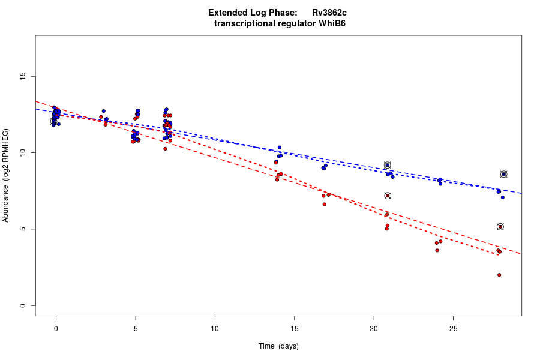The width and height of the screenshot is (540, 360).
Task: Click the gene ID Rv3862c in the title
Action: click(x=329, y=13)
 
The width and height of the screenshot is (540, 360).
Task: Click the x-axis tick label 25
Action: click(x=453, y=328)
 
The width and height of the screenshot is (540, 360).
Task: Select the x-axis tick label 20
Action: click(x=374, y=328)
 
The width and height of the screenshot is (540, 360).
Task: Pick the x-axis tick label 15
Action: click(x=294, y=328)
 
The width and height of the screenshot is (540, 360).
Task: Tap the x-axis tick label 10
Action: click(x=215, y=328)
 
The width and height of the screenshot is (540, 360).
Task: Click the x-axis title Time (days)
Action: click(x=278, y=346)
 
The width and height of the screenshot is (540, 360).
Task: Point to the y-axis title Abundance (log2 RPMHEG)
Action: click(x=6, y=175)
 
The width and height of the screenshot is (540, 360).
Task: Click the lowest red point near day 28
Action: click(x=499, y=275)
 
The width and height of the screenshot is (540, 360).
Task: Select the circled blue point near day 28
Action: click(x=504, y=174)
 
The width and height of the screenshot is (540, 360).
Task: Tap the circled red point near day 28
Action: click(x=500, y=227)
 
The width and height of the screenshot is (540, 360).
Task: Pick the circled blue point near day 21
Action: click(x=388, y=165)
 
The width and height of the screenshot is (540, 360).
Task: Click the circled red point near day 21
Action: click(x=388, y=196)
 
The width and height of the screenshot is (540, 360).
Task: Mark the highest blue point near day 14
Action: click(x=280, y=148)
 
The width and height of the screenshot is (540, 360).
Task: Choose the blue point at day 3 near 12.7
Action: click(x=103, y=111)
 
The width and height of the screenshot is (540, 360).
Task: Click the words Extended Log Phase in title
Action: click(x=253, y=13)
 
